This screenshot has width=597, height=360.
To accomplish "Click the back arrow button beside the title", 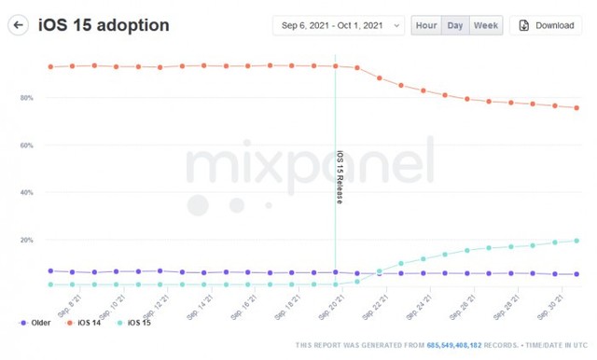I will (19, 25).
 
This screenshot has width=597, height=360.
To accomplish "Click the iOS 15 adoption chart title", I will (104, 25).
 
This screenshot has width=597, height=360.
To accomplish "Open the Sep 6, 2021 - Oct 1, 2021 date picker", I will (339, 25).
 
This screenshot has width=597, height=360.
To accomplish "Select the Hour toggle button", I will (425, 25).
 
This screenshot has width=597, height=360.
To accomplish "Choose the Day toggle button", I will (455, 25).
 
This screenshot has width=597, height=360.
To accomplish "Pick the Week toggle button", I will (485, 25).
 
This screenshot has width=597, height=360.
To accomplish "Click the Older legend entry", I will (35, 323).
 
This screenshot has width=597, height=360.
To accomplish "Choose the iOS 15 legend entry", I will (133, 323).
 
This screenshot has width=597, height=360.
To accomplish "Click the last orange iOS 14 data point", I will (576, 108).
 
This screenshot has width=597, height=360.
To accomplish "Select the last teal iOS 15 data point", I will (576, 241).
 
